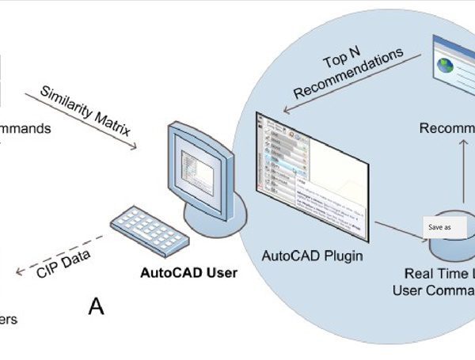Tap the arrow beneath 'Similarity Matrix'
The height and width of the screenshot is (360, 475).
[79, 121]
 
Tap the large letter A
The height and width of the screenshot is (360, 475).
[96, 306]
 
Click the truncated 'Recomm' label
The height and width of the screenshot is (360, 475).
[446, 129]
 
